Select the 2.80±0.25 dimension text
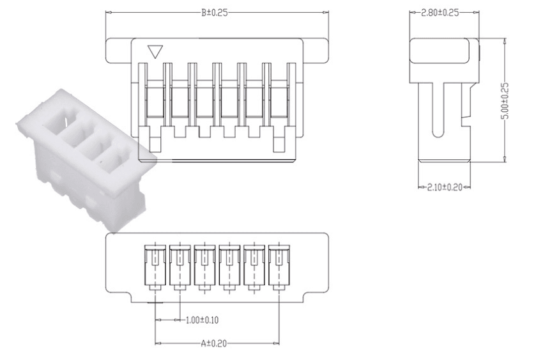coord(443,12)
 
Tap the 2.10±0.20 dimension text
coord(443,187)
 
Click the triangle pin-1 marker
coord(154,51)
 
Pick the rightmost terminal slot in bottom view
coord(278,265)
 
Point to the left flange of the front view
coord(118,50)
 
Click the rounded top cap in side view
coord(443,51)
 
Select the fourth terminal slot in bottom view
coord(229,265)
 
